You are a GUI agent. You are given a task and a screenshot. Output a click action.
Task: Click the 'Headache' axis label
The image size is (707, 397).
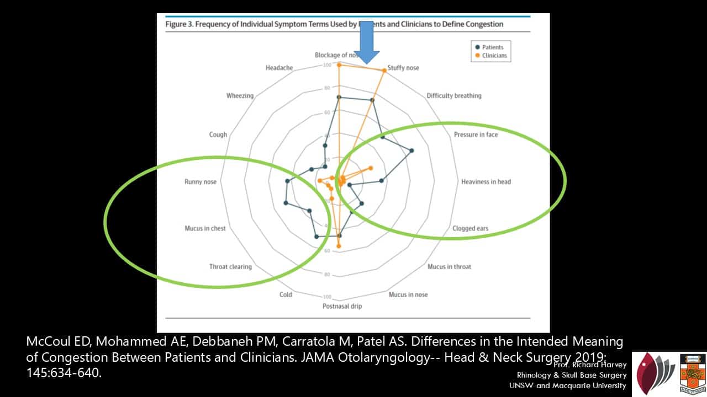tap(279, 68)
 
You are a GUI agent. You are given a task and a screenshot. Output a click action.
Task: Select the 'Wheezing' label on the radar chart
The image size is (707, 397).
tap(240, 95)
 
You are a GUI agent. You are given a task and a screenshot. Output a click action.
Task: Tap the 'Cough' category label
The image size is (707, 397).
tap(218, 135)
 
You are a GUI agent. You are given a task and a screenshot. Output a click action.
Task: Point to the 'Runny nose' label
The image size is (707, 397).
tap(201, 181)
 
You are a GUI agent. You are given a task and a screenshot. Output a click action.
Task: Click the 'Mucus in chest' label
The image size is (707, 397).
tap(205, 228)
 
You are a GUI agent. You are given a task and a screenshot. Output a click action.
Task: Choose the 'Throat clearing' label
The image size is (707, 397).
tap(230, 267)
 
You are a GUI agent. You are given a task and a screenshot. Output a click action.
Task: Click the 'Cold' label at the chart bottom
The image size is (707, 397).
tap(286, 294)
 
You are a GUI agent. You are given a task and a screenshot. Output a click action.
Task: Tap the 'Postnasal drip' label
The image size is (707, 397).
tap(342, 306)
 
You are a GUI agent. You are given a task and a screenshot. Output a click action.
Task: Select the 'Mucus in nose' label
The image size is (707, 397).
tap(408, 294)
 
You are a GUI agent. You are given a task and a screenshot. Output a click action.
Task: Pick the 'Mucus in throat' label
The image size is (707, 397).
tap(449, 267)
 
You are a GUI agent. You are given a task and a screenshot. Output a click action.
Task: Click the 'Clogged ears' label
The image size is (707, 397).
tap(470, 228)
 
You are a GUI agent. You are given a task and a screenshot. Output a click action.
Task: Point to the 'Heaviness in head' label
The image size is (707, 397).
tap(486, 181)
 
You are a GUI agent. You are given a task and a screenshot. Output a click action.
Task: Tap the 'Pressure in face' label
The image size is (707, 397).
tap(476, 135)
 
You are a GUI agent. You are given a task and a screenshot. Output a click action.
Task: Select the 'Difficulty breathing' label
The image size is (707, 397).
tap(453, 95)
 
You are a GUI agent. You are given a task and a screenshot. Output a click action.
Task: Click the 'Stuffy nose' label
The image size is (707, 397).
tap(403, 68)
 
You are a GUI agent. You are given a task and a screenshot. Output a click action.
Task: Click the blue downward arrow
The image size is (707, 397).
tap(366, 44)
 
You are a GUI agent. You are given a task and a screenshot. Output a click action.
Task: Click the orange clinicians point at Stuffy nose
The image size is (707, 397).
tap(384, 70)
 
